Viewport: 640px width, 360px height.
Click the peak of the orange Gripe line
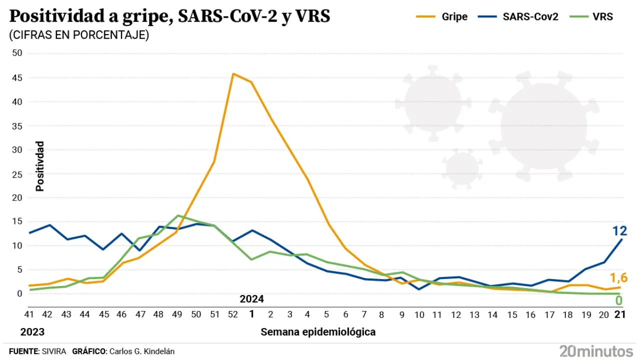[x=233, y=74]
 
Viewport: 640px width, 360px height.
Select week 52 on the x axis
[x=233, y=314]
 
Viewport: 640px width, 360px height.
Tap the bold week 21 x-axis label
[x=620, y=314]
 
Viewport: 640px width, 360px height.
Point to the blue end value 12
[x=619, y=230]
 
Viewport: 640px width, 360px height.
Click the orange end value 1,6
[x=618, y=278]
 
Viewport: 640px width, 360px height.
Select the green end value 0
[x=618, y=300]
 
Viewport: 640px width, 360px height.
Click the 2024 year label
[x=251, y=299]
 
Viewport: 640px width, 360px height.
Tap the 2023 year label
[x=32, y=332]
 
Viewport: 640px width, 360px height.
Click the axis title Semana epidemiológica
[x=318, y=332]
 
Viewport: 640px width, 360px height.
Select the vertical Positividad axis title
[x=40, y=166]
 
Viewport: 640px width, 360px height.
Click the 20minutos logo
[x=596, y=350]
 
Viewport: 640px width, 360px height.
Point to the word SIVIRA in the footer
[x=53, y=351]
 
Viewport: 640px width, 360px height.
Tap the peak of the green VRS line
[x=177, y=215]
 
